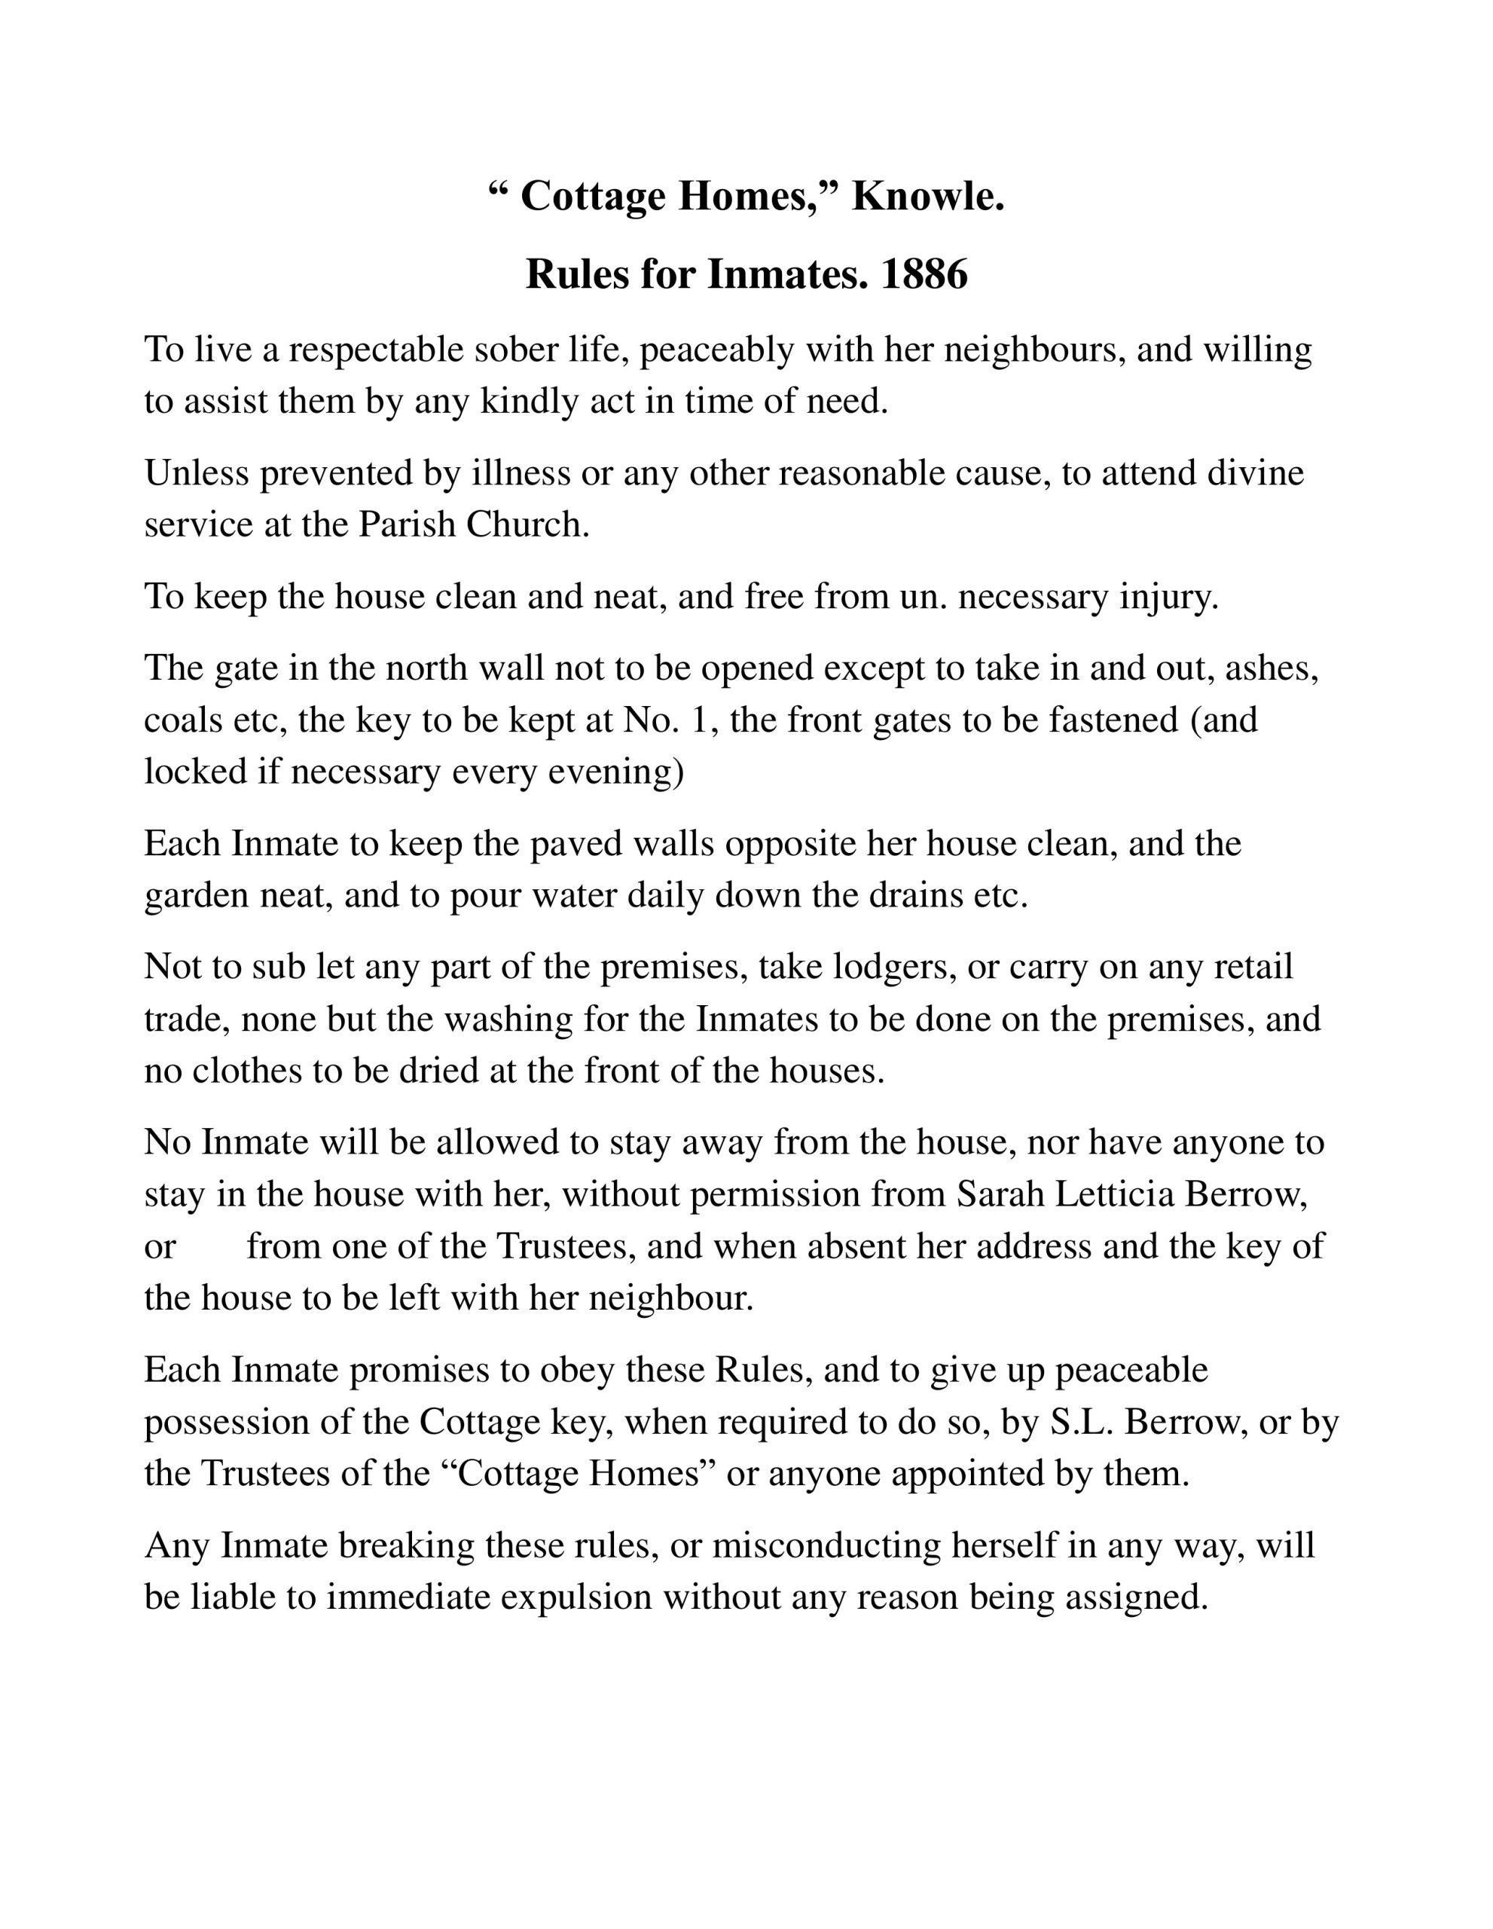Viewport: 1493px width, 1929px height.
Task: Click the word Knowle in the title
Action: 927,196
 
